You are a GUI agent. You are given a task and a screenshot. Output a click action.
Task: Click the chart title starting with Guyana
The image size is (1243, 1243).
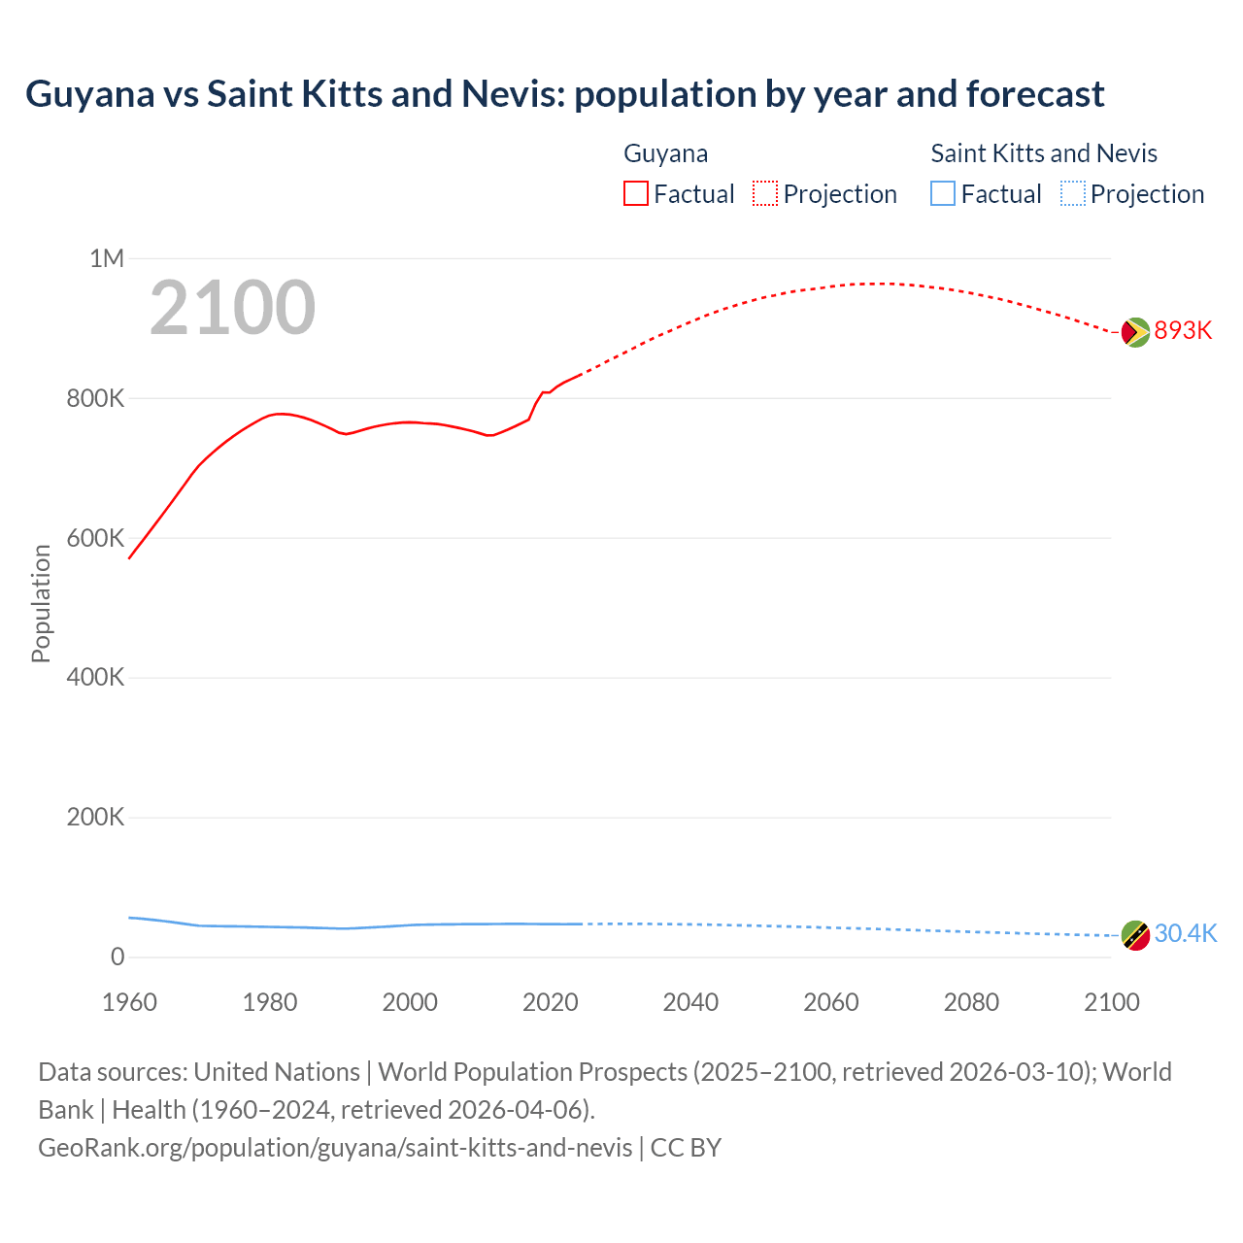564,94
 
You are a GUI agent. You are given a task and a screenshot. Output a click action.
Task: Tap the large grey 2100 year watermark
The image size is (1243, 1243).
232,308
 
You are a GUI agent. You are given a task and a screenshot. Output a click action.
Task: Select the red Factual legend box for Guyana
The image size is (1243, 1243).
636,193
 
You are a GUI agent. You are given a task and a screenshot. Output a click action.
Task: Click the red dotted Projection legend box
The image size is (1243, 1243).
765,193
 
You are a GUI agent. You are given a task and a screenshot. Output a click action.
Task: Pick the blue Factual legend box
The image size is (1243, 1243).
943,193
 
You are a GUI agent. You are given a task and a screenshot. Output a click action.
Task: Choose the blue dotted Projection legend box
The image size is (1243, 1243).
1073,193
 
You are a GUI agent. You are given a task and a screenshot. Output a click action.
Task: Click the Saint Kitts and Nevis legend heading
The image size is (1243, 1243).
1044,153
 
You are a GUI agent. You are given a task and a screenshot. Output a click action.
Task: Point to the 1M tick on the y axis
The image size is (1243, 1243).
107,258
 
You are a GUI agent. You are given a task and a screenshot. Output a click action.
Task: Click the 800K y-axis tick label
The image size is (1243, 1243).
95,398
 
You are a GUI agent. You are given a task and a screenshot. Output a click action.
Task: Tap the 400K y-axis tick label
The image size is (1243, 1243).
95,677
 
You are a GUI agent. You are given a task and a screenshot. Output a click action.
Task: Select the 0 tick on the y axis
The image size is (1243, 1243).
118,957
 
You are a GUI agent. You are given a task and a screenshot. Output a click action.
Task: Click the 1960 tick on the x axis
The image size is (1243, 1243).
129,1002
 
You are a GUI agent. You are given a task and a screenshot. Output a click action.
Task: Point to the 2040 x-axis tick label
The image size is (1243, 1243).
690,1002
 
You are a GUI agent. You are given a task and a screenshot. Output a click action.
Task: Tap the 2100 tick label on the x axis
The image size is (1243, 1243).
1111,1002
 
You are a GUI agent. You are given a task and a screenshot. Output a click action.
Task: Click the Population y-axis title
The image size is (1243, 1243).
41,603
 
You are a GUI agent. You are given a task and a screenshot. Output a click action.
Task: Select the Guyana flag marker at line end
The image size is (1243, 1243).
1135,332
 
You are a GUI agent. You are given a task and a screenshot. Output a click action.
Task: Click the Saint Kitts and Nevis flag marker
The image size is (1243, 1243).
1135,935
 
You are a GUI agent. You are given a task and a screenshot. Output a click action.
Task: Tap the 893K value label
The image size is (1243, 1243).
1183,331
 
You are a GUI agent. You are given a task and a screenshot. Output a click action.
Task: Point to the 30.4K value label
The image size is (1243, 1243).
1185,933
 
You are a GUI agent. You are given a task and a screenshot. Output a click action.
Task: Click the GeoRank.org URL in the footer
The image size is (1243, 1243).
335,1148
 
